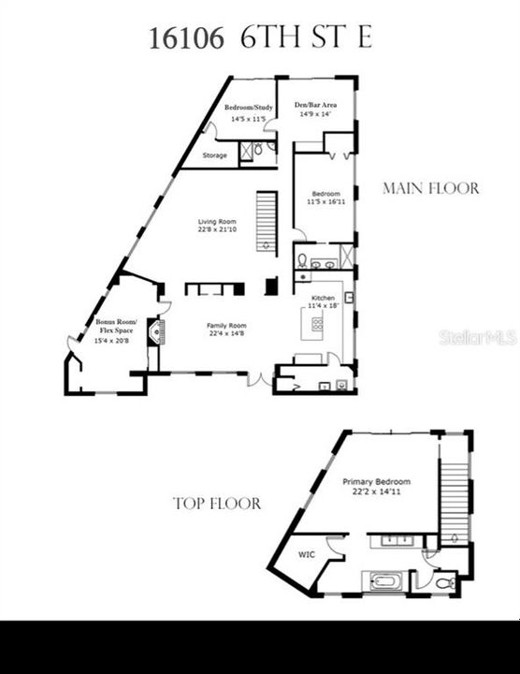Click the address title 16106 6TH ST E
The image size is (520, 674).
click(x=260, y=38)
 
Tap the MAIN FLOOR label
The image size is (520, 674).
click(x=431, y=188)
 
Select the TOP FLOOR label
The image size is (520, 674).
click(x=217, y=504)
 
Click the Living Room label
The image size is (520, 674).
click(x=216, y=226)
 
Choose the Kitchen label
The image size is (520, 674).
click(x=322, y=301)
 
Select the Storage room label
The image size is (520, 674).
click(x=215, y=155)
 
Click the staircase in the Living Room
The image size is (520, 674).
click(x=267, y=222)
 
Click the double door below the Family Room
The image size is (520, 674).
click(x=258, y=379)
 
